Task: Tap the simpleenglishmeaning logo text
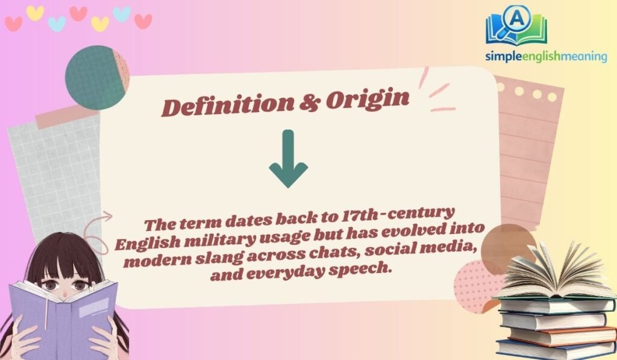[546, 57]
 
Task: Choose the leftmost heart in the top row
[13, 24]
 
